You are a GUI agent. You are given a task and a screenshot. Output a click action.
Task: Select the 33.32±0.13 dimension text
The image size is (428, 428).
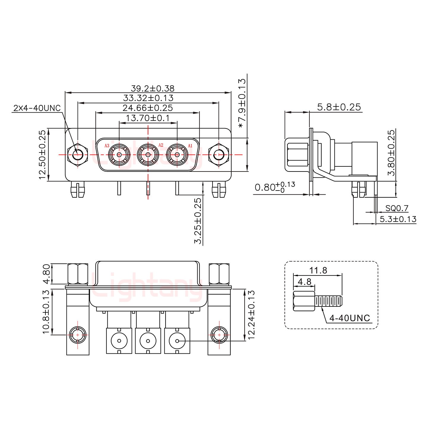[148, 98]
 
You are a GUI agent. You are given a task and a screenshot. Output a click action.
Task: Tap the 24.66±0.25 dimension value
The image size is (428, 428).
[147, 108]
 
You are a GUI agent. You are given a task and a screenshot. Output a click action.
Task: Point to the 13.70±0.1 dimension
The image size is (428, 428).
[148, 118]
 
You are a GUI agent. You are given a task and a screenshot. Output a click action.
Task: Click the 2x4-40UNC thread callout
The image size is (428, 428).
[37, 108]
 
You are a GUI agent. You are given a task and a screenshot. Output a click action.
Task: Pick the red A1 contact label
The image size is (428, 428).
[190, 146]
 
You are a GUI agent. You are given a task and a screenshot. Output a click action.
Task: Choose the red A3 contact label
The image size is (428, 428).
[107, 146]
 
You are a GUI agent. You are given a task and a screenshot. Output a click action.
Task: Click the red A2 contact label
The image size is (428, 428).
[161, 145]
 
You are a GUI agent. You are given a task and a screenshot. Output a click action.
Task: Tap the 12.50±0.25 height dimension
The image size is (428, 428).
[43, 155]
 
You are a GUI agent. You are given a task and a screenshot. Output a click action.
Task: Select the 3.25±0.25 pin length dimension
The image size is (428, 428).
[198, 221]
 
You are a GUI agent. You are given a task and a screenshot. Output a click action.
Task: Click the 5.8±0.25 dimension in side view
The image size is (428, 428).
[339, 107]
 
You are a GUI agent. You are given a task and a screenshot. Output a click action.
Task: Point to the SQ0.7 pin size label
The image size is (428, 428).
[397, 208]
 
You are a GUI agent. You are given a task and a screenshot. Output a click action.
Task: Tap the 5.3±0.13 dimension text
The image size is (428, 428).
[398, 219]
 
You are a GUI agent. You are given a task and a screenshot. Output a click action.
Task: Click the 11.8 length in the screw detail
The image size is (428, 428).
[318, 270]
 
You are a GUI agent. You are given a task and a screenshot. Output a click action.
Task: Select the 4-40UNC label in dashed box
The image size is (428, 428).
[350, 318]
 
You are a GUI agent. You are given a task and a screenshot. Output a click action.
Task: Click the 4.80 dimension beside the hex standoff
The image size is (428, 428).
[46, 274]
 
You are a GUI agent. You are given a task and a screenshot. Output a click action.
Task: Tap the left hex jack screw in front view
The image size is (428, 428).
[78, 155]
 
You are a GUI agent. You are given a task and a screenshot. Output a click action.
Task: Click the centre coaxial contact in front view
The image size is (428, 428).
[148, 155]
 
